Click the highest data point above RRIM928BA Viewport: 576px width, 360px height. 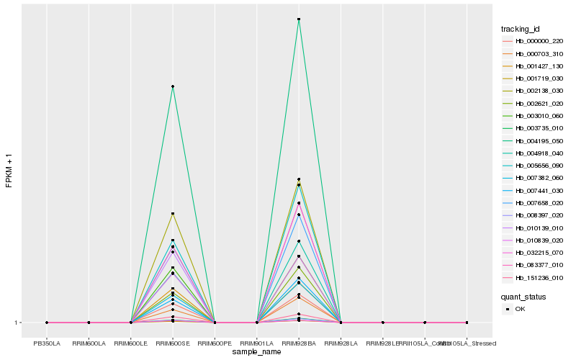tap(299, 19)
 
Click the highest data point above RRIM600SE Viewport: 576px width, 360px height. tap(173, 86)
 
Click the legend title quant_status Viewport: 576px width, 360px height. tap(523, 296)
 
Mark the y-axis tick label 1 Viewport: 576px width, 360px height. tap(17, 323)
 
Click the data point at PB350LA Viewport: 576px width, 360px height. tap(47, 323)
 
